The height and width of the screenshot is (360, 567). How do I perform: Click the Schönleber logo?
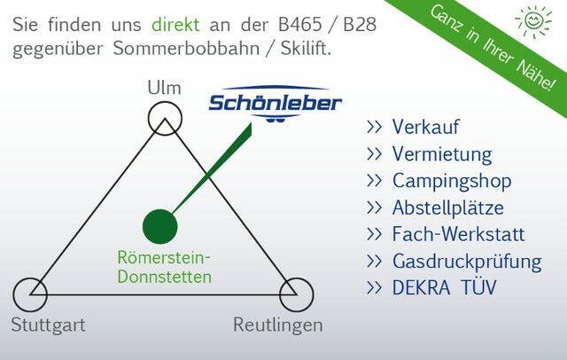pyautogui.click(x=276, y=104)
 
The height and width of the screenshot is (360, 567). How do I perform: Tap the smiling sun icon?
pyautogui.click(x=533, y=20)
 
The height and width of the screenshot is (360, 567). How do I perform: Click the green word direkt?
pyautogui.click(x=175, y=25)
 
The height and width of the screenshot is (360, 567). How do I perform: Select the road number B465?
pyautogui.click(x=299, y=25)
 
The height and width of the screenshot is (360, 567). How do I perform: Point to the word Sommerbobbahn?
pyautogui.click(x=186, y=49)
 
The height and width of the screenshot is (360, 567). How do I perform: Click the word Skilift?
pyautogui.click(x=306, y=49)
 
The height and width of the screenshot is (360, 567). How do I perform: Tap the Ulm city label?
pyautogui.click(x=164, y=88)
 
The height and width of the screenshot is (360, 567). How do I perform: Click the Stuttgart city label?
pyautogui.click(x=48, y=325)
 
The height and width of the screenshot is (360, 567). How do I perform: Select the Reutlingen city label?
pyautogui.click(x=277, y=325)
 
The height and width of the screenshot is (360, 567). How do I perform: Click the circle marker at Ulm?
pyautogui.click(x=165, y=102)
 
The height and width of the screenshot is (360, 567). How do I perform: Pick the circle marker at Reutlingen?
pyautogui.click(x=297, y=278)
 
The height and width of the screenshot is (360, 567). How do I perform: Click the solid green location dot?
pyautogui.click(x=160, y=226)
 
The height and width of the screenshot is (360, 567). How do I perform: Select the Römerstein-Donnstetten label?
pyautogui.click(x=164, y=268)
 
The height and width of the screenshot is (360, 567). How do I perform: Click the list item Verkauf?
pyautogui.click(x=425, y=127)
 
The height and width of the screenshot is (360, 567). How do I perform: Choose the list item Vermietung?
pyautogui.click(x=442, y=154)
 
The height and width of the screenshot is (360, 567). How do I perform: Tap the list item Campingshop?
pyautogui.click(x=452, y=181)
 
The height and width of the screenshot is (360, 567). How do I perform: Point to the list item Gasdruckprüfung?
pyautogui.click(x=467, y=262)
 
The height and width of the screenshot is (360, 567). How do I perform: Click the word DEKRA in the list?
pyautogui.click(x=422, y=288)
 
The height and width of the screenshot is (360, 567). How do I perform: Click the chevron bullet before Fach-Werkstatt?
pyautogui.click(x=374, y=234)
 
